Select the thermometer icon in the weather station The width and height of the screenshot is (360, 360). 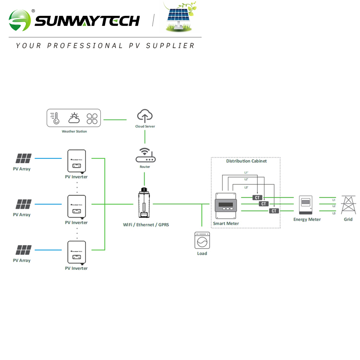(56, 118)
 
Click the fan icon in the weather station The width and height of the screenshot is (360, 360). (92, 119)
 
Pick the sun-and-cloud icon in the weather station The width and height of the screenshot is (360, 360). (74, 118)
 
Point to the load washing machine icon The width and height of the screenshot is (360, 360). (202, 240)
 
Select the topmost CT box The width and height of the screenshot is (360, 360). (258, 197)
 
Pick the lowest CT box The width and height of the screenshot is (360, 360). (274, 211)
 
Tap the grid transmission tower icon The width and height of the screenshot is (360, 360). (348, 205)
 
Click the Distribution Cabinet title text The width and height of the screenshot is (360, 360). (246, 161)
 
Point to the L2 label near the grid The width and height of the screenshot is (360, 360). (334, 205)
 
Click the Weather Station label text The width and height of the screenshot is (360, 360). (74, 131)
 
